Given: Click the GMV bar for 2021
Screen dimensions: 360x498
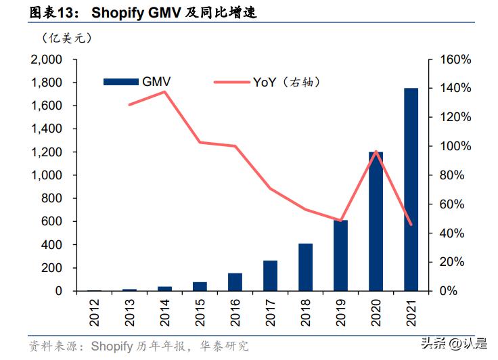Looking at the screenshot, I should click(x=411, y=189).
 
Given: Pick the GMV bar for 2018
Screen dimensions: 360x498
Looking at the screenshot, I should click(x=305, y=267).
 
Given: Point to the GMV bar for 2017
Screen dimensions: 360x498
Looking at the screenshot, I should click(x=270, y=276).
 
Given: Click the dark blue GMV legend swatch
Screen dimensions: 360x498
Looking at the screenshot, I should click(x=120, y=82).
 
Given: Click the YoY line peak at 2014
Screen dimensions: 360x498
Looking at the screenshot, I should click(x=165, y=91).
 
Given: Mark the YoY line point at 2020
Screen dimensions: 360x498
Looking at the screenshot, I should click(x=376, y=151).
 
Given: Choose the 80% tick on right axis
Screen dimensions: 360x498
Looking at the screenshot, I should click(x=452, y=175).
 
